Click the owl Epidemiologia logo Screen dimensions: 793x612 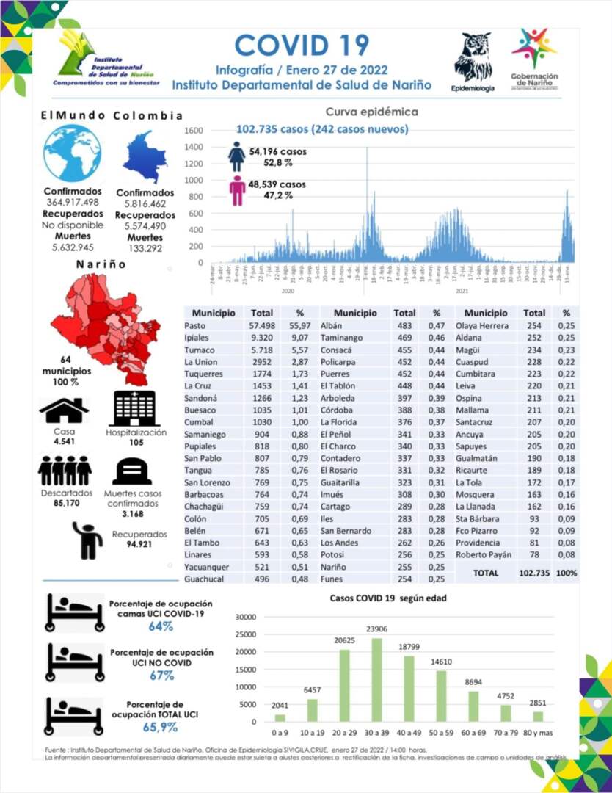pyautogui.click(x=473, y=57)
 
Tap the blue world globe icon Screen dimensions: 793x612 pyautogui.click(x=72, y=153)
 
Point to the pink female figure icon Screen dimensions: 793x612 pyautogui.click(x=237, y=190)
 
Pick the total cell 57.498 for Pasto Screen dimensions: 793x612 pyautogui.click(x=261, y=325)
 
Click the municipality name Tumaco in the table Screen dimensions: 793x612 pyautogui.click(x=199, y=350)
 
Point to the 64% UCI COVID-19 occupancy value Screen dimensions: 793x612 pyautogui.click(x=161, y=626)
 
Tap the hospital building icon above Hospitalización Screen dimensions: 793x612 pyautogui.click(x=134, y=408)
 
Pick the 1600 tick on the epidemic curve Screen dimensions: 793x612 pyautogui.click(x=193, y=131)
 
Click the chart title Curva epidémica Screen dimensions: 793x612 pyautogui.click(x=371, y=112)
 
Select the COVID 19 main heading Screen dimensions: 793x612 pyautogui.click(x=302, y=45)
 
